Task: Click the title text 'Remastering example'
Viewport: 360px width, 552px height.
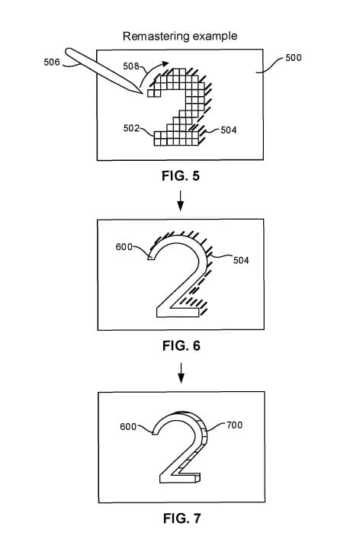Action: tap(180, 37)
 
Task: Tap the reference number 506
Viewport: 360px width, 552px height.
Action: tap(52, 63)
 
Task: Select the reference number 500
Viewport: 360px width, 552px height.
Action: tap(293, 58)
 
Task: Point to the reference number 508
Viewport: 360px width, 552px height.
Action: tap(131, 66)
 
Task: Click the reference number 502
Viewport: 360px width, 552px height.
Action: tap(131, 128)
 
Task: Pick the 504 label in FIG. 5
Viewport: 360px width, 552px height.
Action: tap(229, 130)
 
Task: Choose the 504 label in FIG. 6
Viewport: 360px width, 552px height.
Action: tap(241, 261)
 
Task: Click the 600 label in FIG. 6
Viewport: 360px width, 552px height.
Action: tap(124, 247)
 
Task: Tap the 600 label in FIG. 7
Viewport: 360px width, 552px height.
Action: tap(128, 427)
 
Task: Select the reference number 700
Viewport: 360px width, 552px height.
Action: tap(235, 425)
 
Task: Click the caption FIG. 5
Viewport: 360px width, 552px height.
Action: tap(181, 176)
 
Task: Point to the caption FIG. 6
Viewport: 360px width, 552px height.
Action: tap(182, 346)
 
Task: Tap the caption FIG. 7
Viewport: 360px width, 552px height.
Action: tap(182, 518)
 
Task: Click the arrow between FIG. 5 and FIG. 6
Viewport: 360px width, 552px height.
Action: tap(180, 201)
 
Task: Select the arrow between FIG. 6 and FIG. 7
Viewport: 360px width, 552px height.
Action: tap(181, 373)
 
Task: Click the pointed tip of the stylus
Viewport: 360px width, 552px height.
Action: tap(143, 93)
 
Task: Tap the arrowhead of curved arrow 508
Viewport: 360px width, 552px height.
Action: tap(165, 64)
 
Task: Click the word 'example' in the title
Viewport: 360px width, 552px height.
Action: tap(215, 37)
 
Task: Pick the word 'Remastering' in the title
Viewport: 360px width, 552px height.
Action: tap(156, 37)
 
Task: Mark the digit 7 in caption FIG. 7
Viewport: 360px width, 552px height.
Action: tap(197, 518)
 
